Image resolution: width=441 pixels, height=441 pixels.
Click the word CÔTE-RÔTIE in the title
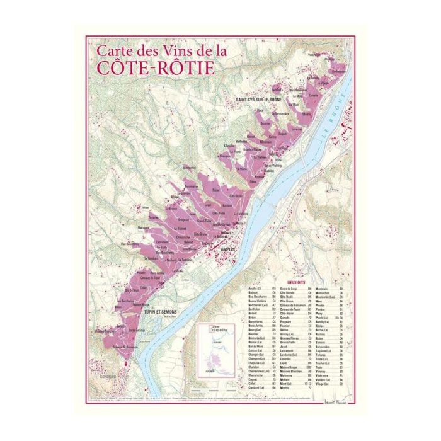pyautogui.click(x=155, y=66)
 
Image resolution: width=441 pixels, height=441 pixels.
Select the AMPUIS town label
pyautogui.click(x=229, y=249)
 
